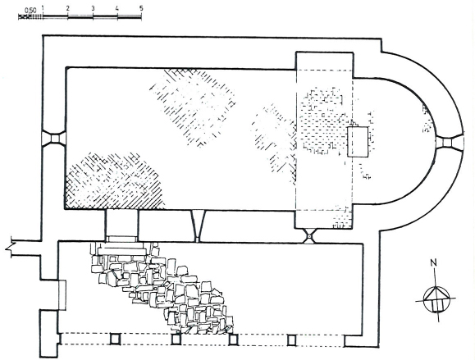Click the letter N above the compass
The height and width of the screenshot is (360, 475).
click(x=434, y=262)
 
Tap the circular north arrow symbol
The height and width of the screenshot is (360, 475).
click(x=436, y=300)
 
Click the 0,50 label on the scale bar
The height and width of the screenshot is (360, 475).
click(x=30, y=10)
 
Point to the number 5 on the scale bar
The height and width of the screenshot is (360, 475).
click(x=141, y=8)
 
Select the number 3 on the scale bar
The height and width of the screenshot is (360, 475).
click(x=93, y=8)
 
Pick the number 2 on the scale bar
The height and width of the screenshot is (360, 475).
click(x=68, y=8)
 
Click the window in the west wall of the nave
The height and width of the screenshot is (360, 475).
click(x=54, y=139)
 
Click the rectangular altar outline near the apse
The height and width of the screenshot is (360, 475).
click(x=358, y=142)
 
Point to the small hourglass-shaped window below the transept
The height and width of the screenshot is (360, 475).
click(x=309, y=236)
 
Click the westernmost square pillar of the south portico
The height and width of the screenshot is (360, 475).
click(x=115, y=339)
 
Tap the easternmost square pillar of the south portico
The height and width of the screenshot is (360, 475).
click(x=291, y=340)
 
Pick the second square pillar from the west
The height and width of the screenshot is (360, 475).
click(x=176, y=339)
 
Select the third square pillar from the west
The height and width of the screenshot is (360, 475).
click(x=233, y=339)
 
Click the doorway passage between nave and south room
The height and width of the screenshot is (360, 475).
click(x=121, y=226)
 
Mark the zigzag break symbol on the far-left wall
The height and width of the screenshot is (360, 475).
click(x=10, y=247)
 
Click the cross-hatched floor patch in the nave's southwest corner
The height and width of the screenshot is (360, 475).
click(x=114, y=181)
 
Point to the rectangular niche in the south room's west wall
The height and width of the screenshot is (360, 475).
click(x=62, y=295)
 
